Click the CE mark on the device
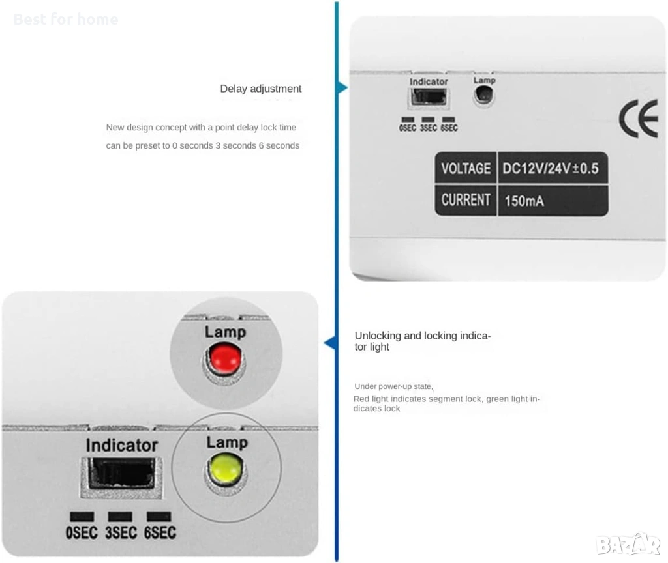pyautogui.click(x=639, y=119)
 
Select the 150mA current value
pyautogui.click(x=524, y=201)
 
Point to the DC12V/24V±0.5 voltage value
pyautogui.click(x=551, y=169)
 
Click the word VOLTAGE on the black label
pyautogui.click(x=466, y=169)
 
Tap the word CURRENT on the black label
pyautogui.click(x=466, y=200)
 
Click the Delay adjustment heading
pyautogui.click(x=261, y=89)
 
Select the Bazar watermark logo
pyautogui.click(x=628, y=544)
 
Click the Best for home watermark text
pyautogui.click(x=66, y=20)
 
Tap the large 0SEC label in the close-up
pyautogui.click(x=82, y=532)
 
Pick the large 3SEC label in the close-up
pyautogui.click(x=121, y=532)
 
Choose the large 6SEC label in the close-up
pyautogui.click(x=160, y=532)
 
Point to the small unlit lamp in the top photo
pyautogui.click(x=483, y=94)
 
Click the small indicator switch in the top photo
pyautogui.click(x=429, y=97)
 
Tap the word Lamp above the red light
pyautogui.click(x=225, y=332)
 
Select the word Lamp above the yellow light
pyautogui.click(x=227, y=442)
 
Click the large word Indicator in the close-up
pyautogui.click(x=122, y=445)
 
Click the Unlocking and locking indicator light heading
pyautogui.click(x=423, y=341)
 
